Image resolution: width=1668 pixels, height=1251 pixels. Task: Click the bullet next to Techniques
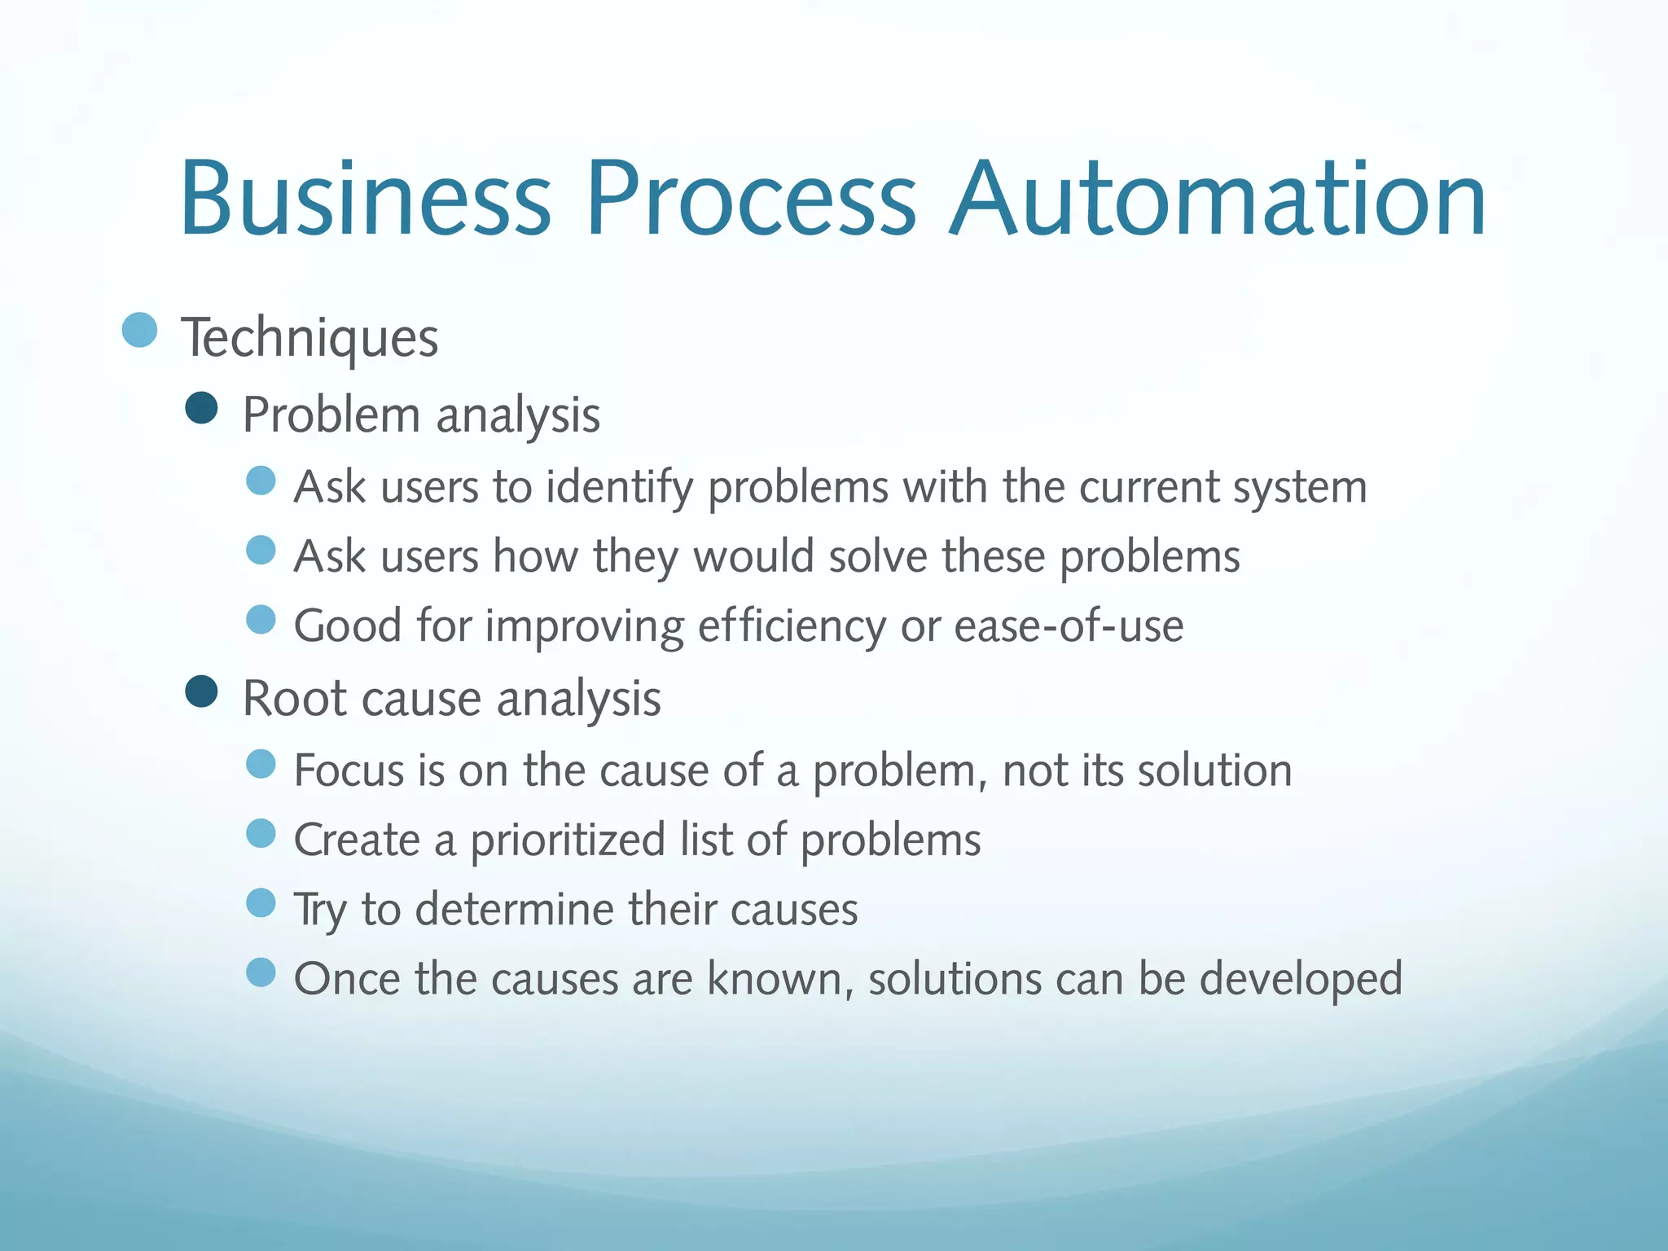tap(139, 330)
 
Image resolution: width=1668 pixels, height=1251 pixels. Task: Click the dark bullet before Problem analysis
tap(201, 408)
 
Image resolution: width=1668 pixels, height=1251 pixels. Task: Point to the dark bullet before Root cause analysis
tap(201, 691)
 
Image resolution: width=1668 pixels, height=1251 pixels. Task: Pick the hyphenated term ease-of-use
tap(1069, 627)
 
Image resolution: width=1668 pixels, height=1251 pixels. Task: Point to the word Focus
tap(349, 770)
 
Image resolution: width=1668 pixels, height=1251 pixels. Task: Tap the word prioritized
tap(568, 841)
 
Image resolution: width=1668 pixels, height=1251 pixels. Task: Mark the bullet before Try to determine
tap(261, 902)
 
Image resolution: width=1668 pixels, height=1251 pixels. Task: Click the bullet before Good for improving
tap(261, 620)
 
